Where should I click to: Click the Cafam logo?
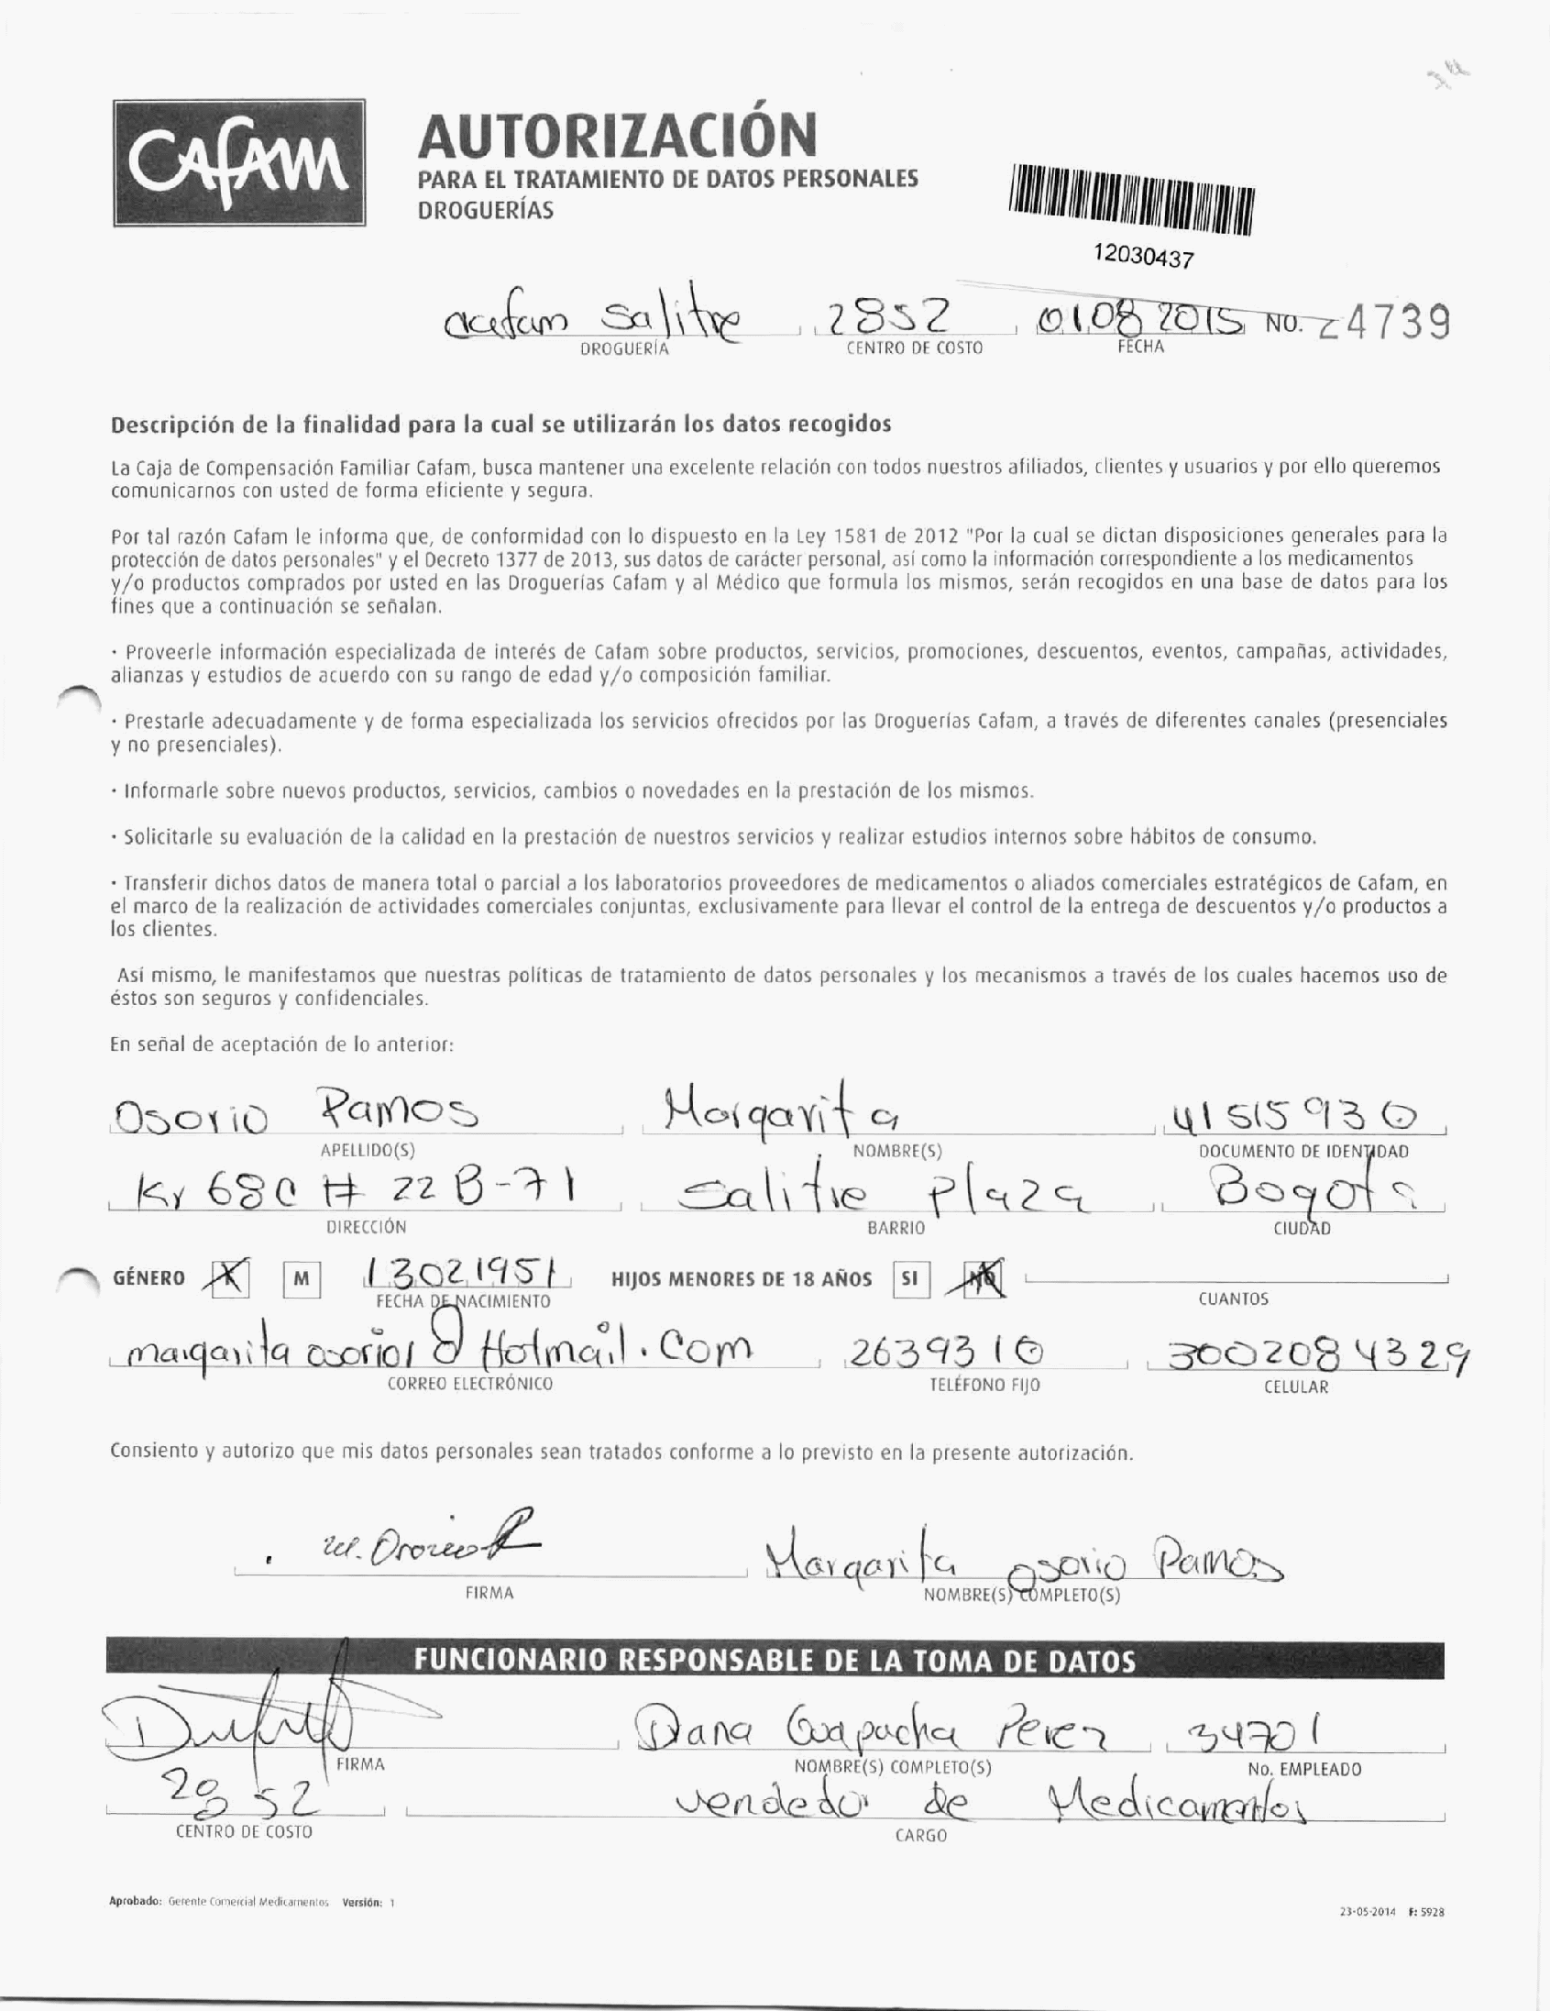(x=239, y=162)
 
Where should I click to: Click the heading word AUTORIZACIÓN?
(x=617, y=135)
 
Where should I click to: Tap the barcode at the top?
(x=1131, y=202)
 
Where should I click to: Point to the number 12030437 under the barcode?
(x=1142, y=255)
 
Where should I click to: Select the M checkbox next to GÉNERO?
(x=301, y=1280)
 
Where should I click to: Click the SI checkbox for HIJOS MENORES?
(x=909, y=1280)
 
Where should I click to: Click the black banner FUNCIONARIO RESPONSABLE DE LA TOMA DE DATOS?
(x=773, y=1660)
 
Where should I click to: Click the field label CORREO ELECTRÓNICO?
(x=469, y=1384)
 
